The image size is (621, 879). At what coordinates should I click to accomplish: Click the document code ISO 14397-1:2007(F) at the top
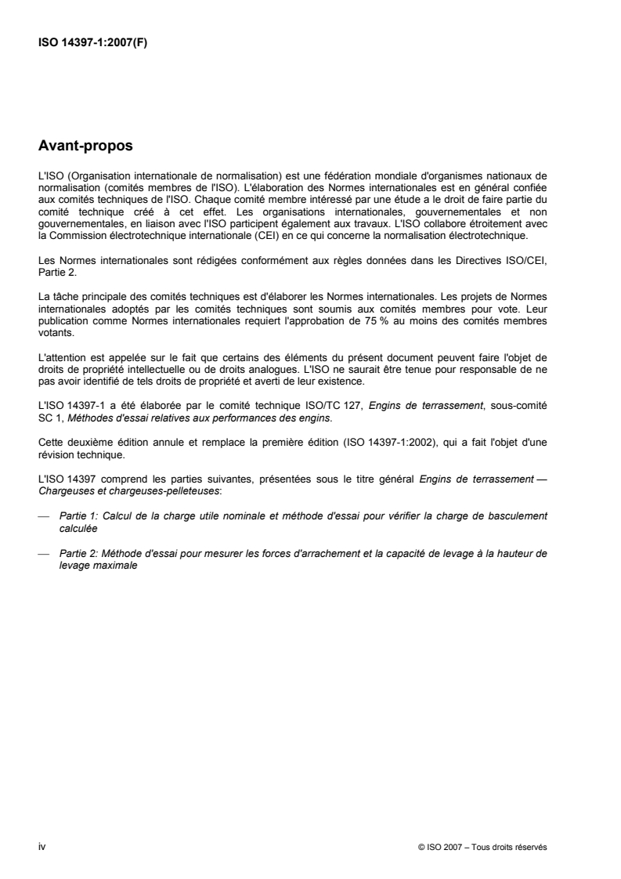[93, 43]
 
